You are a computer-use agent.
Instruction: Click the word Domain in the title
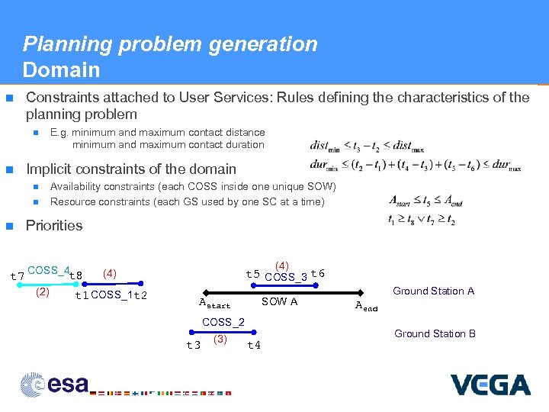(x=61, y=70)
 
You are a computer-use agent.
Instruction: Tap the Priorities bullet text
(x=54, y=225)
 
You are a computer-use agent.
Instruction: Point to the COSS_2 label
(x=223, y=323)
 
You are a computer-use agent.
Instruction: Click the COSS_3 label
(x=286, y=277)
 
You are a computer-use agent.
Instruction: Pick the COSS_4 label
(x=47, y=271)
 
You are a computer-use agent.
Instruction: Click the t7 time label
(x=15, y=275)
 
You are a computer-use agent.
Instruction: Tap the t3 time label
(x=194, y=345)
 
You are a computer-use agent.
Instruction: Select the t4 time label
(x=254, y=345)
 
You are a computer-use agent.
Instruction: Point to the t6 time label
(x=318, y=274)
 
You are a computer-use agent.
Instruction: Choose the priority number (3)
(x=221, y=339)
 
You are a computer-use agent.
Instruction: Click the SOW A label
(x=279, y=301)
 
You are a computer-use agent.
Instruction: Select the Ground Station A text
(x=433, y=291)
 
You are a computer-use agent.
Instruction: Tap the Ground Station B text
(x=435, y=333)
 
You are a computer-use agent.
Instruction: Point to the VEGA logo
(x=490, y=385)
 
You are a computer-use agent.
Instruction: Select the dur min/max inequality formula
(x=416, y=164)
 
